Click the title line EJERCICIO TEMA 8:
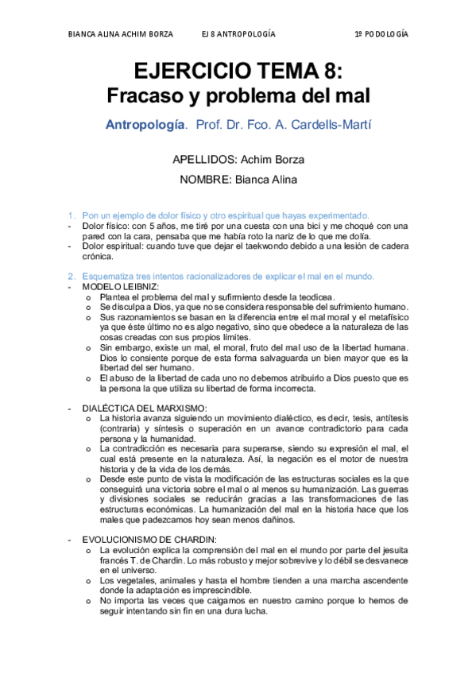pos(238,72)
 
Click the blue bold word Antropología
pos(147,126)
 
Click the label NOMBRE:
pos(204,180)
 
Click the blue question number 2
pos(71,276)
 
